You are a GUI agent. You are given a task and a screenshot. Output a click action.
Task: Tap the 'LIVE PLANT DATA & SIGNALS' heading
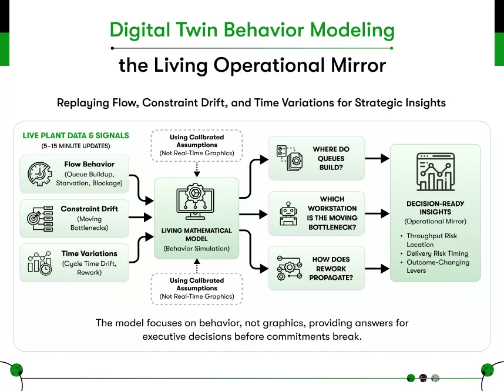coord(76,135)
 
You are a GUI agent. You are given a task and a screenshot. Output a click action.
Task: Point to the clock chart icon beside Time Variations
coord(39,262)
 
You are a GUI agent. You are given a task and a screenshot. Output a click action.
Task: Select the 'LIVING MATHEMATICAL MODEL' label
coord(197,235)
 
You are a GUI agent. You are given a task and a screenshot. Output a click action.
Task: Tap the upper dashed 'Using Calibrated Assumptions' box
coord(197,145)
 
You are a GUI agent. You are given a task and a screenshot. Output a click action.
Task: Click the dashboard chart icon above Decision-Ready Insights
coord(435,172)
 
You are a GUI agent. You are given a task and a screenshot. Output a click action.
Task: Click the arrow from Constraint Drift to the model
coord(141,218)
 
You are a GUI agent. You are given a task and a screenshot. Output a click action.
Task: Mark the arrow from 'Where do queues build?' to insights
coord(377,158)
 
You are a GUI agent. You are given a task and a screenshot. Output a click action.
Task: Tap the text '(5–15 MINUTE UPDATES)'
coord(75,145)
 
